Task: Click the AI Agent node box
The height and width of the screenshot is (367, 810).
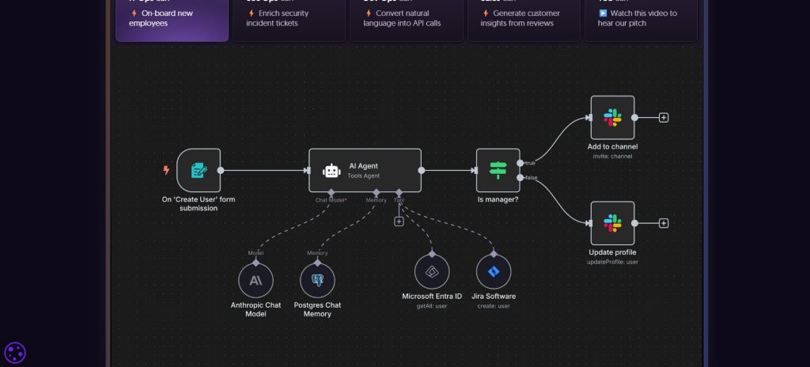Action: pos(365,170)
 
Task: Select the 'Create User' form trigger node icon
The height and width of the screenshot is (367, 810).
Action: pos(199,170)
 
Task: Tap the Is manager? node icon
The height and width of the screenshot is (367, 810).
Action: pos(498,170)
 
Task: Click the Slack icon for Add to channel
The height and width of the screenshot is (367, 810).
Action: pos(612,118)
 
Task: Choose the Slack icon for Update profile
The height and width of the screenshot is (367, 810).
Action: pos(612,223)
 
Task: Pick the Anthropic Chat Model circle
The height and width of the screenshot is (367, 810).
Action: pos(255,280)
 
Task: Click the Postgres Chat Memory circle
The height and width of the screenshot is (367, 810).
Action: pos(317,280)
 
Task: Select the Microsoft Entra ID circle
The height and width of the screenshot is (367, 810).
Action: pos(432,271)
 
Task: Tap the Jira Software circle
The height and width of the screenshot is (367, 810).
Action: pos(494,271)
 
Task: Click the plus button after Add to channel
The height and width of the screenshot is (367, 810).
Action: pos(664,118)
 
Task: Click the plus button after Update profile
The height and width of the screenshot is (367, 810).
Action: pos(664,223)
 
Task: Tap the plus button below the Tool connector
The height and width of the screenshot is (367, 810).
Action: pos(399,221)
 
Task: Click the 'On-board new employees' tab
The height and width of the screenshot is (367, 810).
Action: pos(171,18)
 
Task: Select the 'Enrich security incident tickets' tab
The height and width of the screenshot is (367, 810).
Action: pos(288,18)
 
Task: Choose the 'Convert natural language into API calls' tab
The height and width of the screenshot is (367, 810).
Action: pos(405,18)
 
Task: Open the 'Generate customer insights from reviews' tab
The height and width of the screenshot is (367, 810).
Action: pos(522,18)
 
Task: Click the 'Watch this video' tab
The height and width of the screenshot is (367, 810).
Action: pos(641,18)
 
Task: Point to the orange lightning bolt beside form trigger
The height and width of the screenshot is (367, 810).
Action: pos(166,170)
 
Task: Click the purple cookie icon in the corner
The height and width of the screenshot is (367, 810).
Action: pos(15,353)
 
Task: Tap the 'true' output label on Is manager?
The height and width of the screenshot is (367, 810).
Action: pos(530,163)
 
